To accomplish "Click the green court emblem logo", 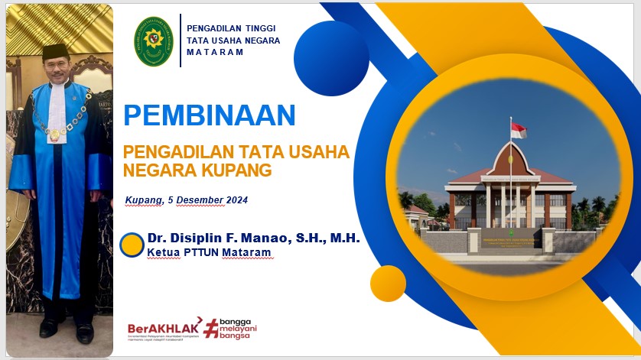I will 154,41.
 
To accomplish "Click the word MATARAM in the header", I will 215,53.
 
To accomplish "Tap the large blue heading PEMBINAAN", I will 209,115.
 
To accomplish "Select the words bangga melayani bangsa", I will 237,329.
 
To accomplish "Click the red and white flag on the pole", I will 519,131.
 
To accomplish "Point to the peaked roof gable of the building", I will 511,156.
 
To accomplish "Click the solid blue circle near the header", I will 331,58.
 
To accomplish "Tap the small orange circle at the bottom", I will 388,284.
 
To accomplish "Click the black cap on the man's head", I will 55,50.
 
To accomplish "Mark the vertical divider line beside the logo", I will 181,41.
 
